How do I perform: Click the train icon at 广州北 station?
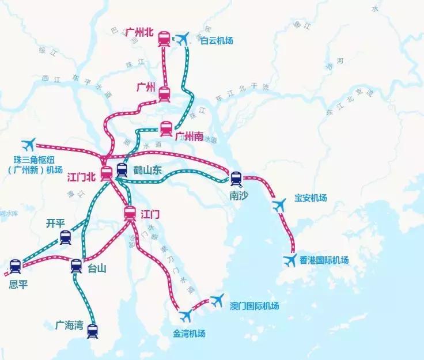164,39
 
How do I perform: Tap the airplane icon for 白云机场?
183,39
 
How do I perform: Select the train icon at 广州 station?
164,93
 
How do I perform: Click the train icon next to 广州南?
166,128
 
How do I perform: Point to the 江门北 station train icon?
107,172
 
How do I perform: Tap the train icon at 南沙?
236,177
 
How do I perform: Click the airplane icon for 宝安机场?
279,204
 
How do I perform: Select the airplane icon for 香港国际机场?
290,260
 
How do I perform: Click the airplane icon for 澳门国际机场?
217,300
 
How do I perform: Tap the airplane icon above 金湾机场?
185,316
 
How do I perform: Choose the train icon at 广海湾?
92,331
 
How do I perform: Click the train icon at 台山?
76,266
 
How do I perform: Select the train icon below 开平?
65,237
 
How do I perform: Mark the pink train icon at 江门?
130,214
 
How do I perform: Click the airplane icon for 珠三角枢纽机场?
27,143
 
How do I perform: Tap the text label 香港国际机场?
324,260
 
